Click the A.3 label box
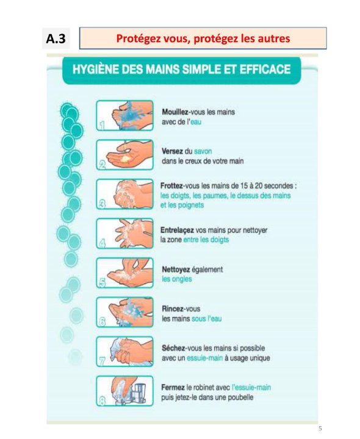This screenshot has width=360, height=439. pyautogui.click(x=56, y=38)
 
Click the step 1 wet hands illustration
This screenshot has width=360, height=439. pyautogui.click(x=124, y=115)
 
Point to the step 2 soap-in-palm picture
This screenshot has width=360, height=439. pyautogui.click(x=124, y=155)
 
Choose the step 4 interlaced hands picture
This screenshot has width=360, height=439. pyautogui.click(x=124, y=234)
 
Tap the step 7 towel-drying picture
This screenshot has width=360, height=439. pyautogui.click(x=124, y=351)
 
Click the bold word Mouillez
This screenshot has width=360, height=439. pyautogui.click(x=175, y=112)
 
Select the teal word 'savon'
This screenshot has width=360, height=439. pyautogui.click(x=203, y=151)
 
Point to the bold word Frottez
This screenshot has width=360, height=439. pyautogui.click(x=171, y=185)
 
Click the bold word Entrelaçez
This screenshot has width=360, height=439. pyautogui.click(x=177, y=230)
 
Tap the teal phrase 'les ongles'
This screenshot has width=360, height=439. pyautogui.click(x=177, y=279)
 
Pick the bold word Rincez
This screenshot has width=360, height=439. pyautogui.click(x=171, y=309)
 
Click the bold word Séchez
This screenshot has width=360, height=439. pyautogui.click(x=173, y=348)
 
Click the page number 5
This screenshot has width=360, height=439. pyautogui.click(x=320, y=429)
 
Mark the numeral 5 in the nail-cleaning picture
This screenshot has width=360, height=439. pyautogui.click(x=103, y=283)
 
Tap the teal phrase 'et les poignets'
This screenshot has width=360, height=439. pyautogui.click(x=182, y=205)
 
